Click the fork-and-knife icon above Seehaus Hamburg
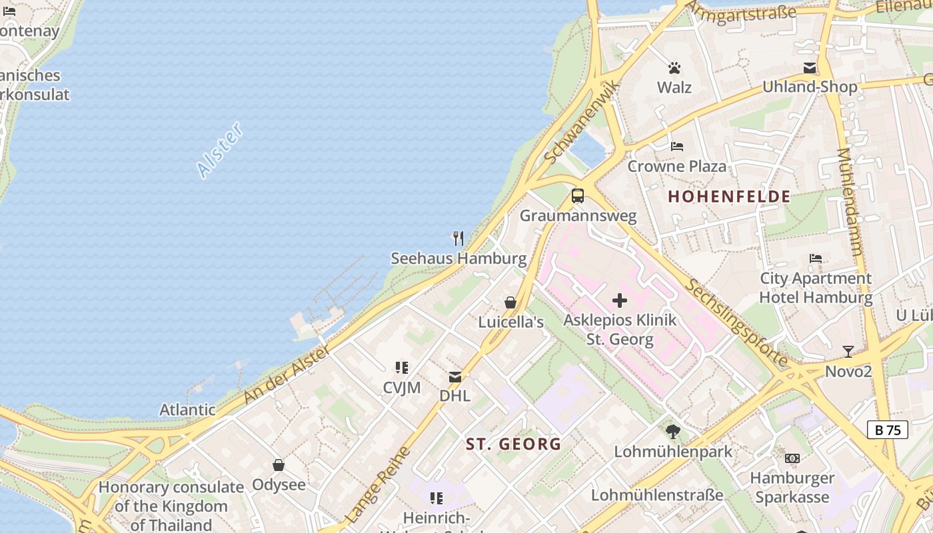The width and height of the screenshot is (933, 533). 458,239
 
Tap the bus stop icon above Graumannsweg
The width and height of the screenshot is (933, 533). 578,196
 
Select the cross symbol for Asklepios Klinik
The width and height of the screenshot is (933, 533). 620,300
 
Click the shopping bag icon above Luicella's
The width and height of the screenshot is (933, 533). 510,302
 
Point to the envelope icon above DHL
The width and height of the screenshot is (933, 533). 455,377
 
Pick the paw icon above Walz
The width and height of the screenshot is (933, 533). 674,68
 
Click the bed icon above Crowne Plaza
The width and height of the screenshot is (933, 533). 677,147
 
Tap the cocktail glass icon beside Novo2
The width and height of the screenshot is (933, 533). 848,351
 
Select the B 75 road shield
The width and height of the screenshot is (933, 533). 888,430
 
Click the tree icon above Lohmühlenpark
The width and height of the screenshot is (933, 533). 672,432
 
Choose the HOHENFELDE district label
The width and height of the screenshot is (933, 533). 729,197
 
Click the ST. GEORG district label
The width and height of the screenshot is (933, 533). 513,444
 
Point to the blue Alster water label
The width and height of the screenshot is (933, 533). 220,150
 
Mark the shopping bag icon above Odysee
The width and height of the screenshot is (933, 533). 279,465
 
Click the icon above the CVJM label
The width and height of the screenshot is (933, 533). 401,367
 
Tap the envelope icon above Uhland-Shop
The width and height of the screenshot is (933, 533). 810,68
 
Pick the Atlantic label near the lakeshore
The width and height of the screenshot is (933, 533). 187,410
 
